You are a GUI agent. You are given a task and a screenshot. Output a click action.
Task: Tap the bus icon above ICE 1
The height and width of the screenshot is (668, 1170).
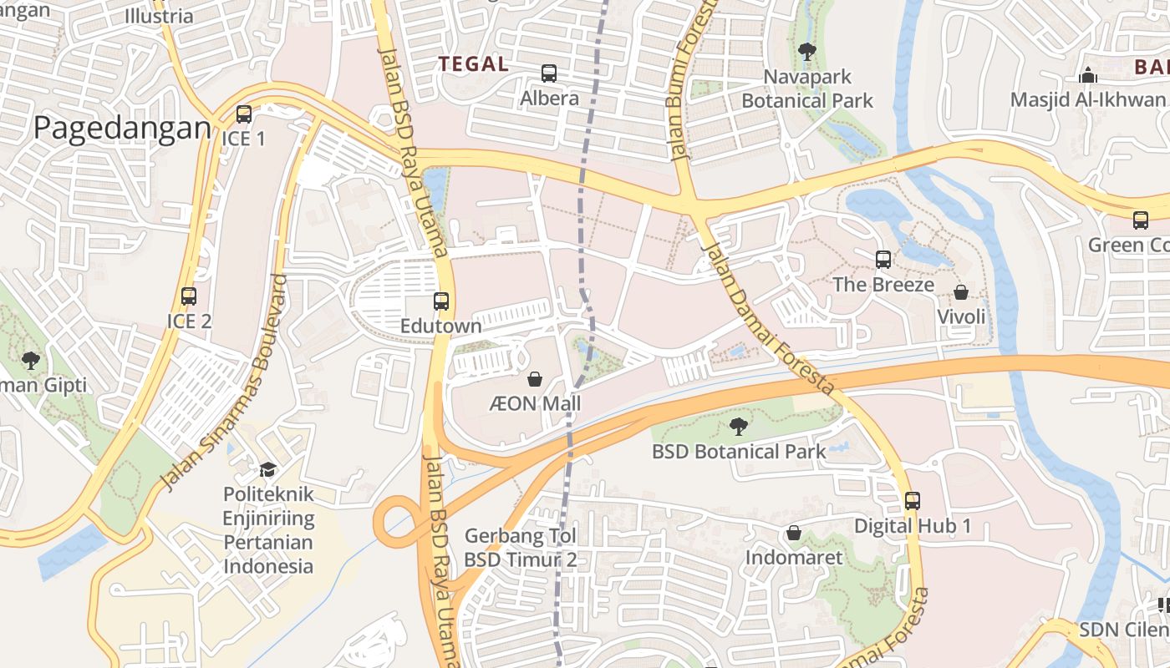point(243,114)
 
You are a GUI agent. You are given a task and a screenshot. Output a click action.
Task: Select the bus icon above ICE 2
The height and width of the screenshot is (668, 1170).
point(189,296)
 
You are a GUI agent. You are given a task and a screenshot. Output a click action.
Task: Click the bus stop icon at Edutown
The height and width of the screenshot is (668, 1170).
point(441,301)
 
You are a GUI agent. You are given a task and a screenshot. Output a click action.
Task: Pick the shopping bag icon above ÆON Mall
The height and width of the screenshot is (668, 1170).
point(535,380)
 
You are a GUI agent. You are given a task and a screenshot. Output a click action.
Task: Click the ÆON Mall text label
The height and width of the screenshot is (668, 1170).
point(535,404)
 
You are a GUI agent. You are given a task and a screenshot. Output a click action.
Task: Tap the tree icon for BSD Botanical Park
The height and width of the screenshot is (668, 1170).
point(738,428)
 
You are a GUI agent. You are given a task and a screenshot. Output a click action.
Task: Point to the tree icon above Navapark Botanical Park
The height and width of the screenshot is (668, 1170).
point(807,52)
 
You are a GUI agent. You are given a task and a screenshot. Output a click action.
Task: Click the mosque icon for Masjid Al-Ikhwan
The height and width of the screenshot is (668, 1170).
point(1087,76)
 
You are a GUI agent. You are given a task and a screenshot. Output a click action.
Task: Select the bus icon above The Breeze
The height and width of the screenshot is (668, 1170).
point(883,260)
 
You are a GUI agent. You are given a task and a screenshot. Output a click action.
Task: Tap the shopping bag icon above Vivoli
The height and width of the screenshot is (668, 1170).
point(961,292)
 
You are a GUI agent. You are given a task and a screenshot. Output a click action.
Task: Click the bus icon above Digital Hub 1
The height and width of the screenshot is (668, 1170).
point(913,501)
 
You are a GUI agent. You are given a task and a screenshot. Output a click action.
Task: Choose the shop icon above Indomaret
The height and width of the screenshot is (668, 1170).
point(794,533)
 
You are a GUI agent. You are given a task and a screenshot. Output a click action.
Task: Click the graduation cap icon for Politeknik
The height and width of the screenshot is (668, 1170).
point(267,469)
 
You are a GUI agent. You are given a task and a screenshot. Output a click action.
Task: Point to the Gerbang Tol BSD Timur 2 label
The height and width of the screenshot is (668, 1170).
point(521,548)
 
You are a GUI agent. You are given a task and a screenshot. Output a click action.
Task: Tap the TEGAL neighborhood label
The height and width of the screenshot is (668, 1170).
point(473,64)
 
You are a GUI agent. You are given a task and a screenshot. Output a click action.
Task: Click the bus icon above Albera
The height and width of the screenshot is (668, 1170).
point(549,73)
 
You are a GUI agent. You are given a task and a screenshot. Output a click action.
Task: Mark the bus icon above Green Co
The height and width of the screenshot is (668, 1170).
point(1141,220)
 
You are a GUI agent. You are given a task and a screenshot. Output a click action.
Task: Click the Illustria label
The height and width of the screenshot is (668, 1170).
point(159,16)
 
